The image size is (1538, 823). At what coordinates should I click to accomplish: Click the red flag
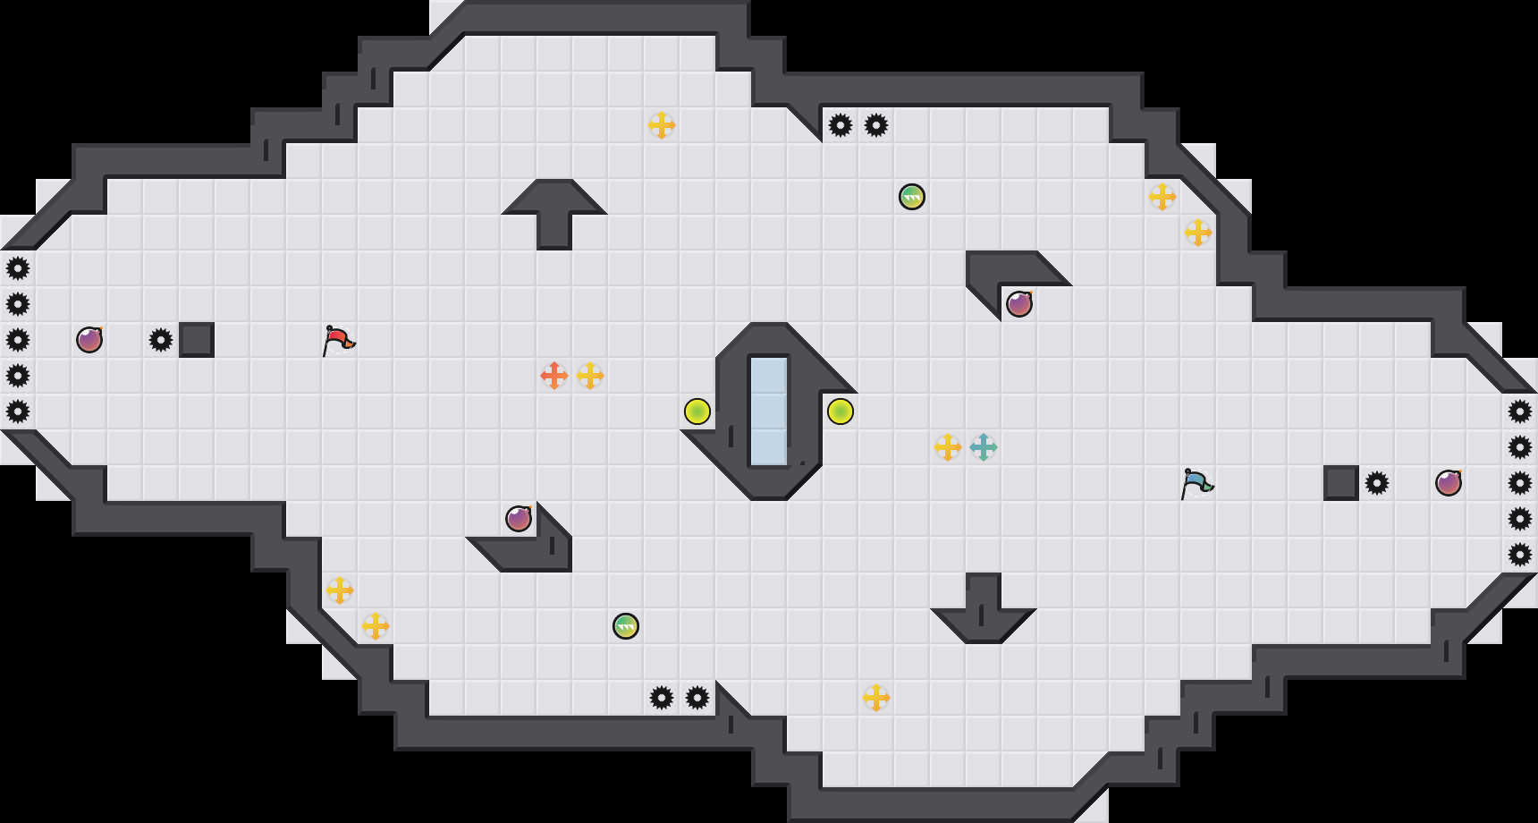click(x=338, y=340)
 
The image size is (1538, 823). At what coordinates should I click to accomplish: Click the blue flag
click(x=1196, y=483)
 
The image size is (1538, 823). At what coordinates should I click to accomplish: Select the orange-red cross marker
click(x=554, y=376)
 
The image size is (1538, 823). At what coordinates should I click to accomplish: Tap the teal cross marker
click(x=984, y=447)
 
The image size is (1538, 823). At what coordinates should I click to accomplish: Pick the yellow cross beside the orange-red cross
click(x=590, y=376)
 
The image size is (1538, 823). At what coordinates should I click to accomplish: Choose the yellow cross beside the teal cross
click(x=948, y=447)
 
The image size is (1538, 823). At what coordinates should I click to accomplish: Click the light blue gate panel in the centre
click(x=769, y=411)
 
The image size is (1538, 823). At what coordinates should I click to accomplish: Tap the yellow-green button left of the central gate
click(x=697, y=411)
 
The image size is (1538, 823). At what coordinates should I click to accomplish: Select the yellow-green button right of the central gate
click(x=841, y=411)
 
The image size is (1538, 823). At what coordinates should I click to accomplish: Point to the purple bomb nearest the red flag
click(x=89, y=340)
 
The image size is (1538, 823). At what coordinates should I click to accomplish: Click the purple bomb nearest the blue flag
click(x=1449, y=483)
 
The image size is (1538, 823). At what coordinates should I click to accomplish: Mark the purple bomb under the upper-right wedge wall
click(x=1019, y=304)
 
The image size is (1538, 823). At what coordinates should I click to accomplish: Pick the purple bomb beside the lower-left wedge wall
click(x=519, y=519)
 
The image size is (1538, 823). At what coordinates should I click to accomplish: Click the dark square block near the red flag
click(x=197, y=340)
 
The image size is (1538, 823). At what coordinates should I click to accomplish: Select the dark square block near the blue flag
click(x=1341, y=483)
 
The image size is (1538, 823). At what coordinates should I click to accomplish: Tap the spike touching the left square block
click(x=161, y=340)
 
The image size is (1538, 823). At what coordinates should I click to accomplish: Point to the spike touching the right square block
click(x=1377, y=483)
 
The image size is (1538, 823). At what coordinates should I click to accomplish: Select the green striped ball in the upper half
click(x=912, y=197)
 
